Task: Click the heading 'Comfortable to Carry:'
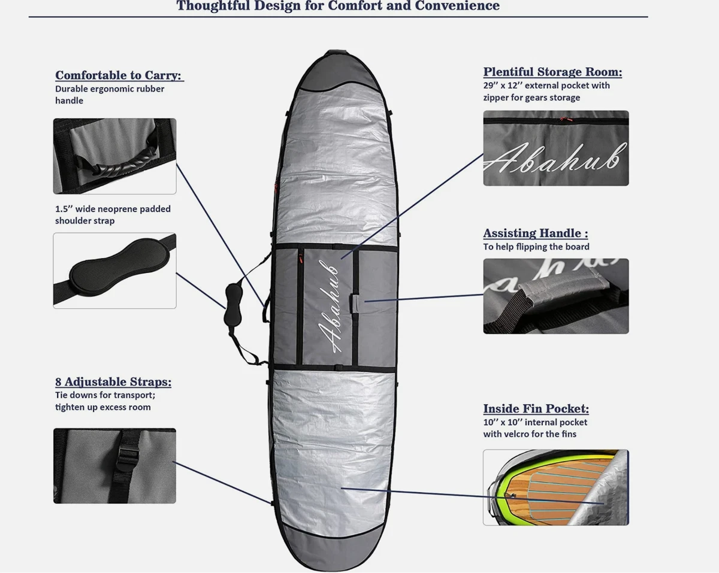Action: click(x=119, y=75)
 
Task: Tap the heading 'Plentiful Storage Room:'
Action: click(x=552, y=72)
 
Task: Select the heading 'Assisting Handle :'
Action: click(x=536, y=233)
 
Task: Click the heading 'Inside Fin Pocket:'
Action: click(x=536, y=408)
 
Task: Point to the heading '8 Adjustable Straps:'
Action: click(x=113, y=381)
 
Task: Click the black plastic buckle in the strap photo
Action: click(x=125, y=459)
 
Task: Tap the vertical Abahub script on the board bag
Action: click(x=329, y=306)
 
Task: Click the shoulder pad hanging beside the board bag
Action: click(x=233, y=305)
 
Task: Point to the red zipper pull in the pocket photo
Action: click(x=564, y=119)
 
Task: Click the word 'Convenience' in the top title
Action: click(x=457, y=5)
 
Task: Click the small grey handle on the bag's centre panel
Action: click(x=355, y=304)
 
